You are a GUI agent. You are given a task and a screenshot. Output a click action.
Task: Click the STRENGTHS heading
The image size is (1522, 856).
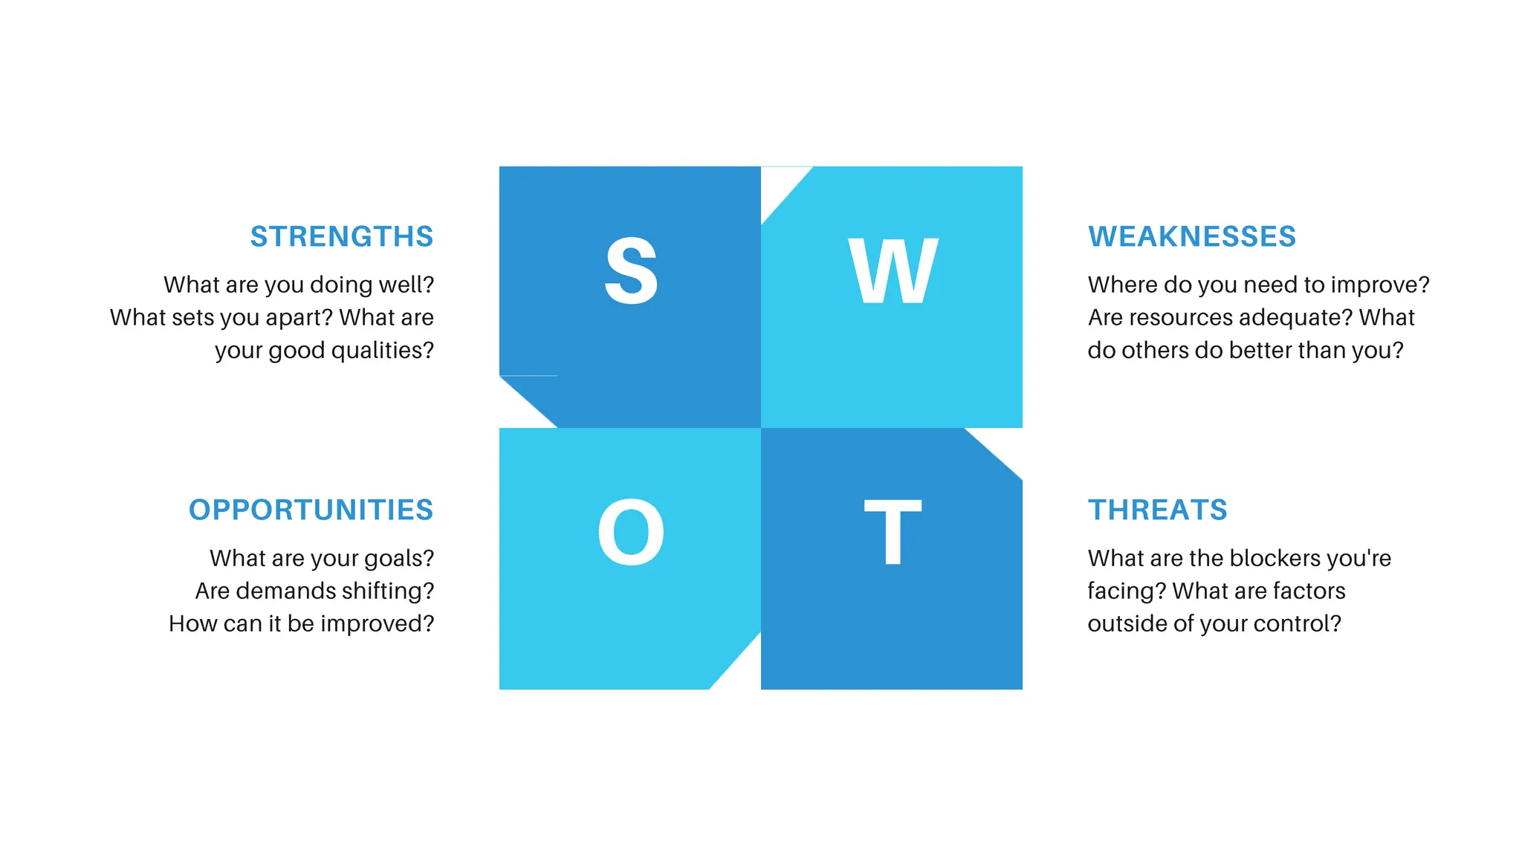(x=341, y=237)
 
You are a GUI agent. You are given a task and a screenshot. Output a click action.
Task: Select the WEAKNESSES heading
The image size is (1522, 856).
(x=1192, y=237)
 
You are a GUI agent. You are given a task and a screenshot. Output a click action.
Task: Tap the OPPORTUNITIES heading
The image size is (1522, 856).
(x=311, y=510)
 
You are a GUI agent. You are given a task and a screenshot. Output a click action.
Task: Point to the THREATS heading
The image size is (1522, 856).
(x=1157, y=510)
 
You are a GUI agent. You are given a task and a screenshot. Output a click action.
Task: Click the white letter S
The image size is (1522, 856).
(x=631, y=271)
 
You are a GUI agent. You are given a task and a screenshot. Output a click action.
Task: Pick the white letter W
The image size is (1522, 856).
(x=893, y=271)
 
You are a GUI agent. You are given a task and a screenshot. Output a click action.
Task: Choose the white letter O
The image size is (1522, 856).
(x=631, y=532)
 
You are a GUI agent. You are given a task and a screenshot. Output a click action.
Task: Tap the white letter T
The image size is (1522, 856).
(x=893, y=532)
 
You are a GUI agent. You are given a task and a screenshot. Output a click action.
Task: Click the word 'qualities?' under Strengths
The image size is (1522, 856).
(x=382, y=351)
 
